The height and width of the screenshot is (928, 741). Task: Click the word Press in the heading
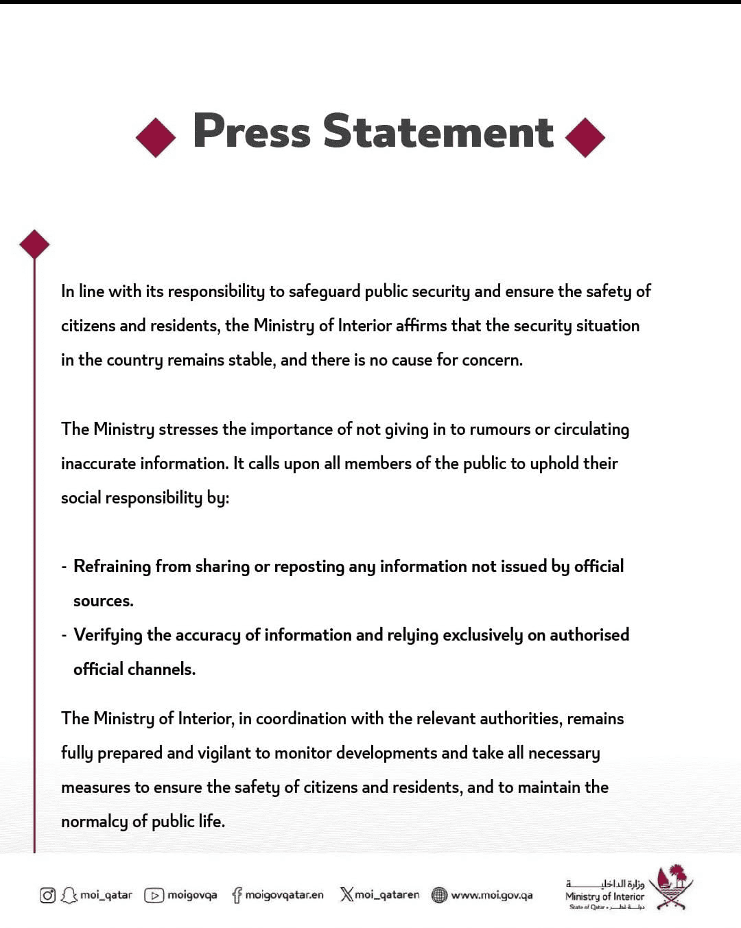tap(252, 131)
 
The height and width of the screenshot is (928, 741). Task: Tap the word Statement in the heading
tap(438, 131)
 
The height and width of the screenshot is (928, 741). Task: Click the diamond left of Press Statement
tap(156, 137)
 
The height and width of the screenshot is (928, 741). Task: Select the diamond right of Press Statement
tap(585, 137)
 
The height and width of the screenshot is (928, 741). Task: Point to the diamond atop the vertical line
tap(34, 244)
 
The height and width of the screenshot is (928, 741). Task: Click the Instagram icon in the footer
tap(47, 895)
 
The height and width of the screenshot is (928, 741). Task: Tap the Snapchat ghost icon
tap(69, 895)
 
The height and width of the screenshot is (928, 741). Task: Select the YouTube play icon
tap(154, 895)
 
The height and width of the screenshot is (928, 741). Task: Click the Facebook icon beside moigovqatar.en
tap(237, 895)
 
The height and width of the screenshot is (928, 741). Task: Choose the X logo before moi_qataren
tap(346, 894)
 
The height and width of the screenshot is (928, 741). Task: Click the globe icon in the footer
tap(439, 895)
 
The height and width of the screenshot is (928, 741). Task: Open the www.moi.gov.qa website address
tap(491, 895)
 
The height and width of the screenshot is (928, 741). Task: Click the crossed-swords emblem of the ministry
tap(671, 888)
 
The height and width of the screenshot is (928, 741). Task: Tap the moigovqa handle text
tap(192, 895)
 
